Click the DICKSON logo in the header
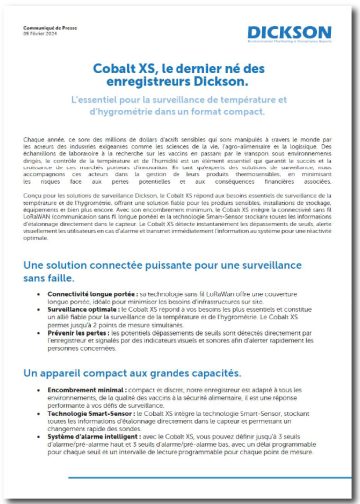click(x=289, y=33)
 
